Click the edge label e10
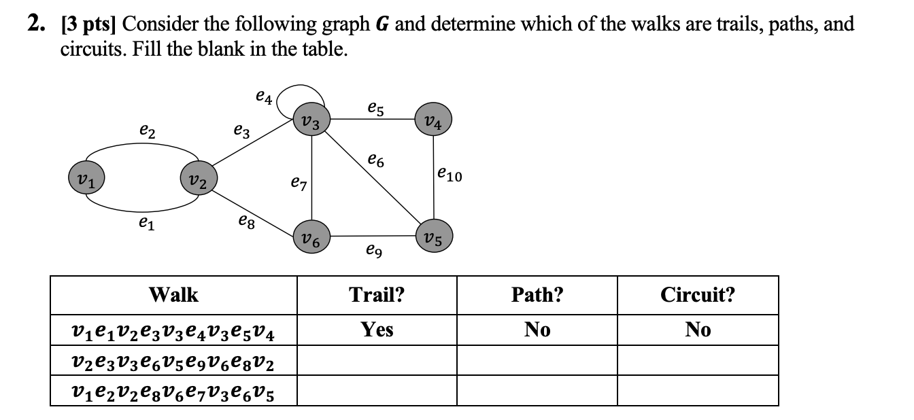449,176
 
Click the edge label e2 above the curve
147,129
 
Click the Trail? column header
377,295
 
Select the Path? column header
537,295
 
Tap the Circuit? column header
698,295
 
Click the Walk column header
173,295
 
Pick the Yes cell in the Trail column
377,330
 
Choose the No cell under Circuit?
698,330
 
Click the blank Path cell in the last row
537,391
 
